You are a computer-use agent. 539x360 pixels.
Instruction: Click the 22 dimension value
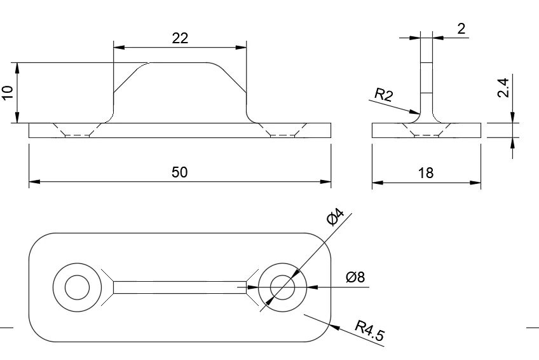pyautogui.click(x=180, y=38)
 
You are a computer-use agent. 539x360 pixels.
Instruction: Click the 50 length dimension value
pyautogui.click(x=180, y=172)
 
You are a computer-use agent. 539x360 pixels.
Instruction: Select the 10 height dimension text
pyautogui.click(x=8, y=93)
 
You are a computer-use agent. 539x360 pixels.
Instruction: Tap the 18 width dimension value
pyautogui.click(x=426, y=172)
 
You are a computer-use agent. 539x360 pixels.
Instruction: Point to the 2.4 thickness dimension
pyautogui.click(x=502, y=88)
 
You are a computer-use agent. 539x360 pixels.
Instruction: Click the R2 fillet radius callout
pyautogui.click(x=383, y=95)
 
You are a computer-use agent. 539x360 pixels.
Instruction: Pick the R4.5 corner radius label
pyautogui.click(x=369, y=331)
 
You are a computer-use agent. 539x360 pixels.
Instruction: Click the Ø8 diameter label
pyautogui.click(x=355, y=277)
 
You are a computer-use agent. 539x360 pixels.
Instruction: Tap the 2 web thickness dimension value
pyautogui.click(x=461, y=28)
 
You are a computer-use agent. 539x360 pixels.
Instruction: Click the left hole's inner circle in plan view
pyautogui.click(x=78, y=287)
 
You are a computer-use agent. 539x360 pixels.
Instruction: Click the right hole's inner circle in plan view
pyautogui.click(x=282, y=287)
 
